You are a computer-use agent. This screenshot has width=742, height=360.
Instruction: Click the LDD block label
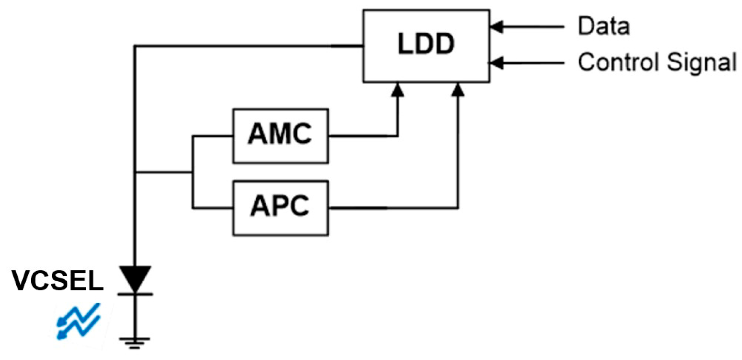pos(426,44)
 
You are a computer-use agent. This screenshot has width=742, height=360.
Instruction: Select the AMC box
pos(280,136)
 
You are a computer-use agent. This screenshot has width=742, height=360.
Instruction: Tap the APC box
pos(280,208)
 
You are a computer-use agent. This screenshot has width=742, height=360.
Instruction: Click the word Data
pos(604,26)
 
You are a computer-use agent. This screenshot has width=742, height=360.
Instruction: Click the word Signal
pos(701,63)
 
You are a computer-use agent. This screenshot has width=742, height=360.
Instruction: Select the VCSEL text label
pos(57,281)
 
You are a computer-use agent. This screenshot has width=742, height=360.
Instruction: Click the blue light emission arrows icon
pos(79,321)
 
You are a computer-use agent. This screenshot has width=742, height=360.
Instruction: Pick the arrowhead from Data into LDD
pos(496,27)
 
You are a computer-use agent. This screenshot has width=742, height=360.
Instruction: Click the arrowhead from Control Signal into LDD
pos(496,63)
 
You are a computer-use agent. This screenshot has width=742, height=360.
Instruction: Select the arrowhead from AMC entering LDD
pos(398,90)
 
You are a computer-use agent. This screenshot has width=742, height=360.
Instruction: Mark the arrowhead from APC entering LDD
pos(458,90)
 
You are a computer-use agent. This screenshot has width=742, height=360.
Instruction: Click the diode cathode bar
pos(135,294)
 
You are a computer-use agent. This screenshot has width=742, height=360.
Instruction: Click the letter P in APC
pos(280,206)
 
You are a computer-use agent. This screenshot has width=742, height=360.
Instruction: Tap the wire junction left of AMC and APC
pos(192,172)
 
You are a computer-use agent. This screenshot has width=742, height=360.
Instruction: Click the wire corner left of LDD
pos(135,46)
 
